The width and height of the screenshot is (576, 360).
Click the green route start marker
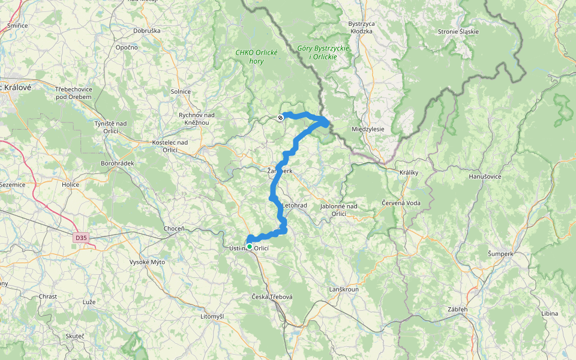click(x=250, y=246)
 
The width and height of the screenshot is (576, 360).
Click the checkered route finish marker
click(x=281, y=118)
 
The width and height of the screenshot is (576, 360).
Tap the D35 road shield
click(x=80, y=238)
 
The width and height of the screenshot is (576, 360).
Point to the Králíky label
click(x=409, y=172)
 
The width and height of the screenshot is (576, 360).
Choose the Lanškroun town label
click(x=344, y=290)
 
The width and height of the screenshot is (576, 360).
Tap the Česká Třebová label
click(x=272, y=298)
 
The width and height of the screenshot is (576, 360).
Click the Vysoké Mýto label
click(x=147, y=262)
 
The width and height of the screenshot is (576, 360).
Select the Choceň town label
click(x=174, y=229)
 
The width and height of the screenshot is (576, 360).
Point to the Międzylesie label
click(x=372, y=129)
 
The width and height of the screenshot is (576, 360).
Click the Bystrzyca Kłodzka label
click(x=361, y=28)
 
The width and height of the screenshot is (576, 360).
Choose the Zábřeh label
click(x=457, y=309)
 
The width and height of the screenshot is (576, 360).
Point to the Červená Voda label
click(x=401, y=203)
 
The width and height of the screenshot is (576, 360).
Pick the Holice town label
click(x=70, y=185)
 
